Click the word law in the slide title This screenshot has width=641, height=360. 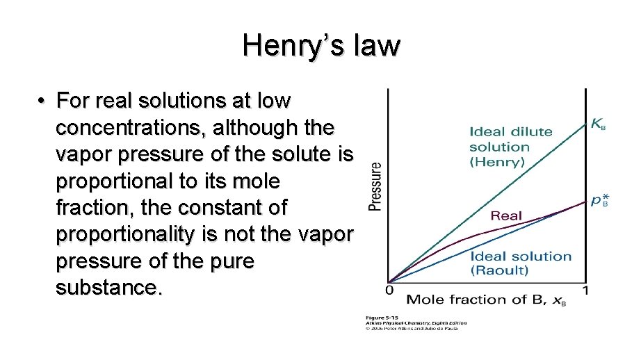point(378,46)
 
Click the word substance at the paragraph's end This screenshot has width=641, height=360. point(108,287)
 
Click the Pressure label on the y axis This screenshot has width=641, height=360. point(375,186)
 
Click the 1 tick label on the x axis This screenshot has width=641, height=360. point(585,289)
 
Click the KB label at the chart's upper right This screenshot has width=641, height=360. point(598,125)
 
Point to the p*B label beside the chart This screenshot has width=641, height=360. point(599,201)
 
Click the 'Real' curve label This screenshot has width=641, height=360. point(506,215)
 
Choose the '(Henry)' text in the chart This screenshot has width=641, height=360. point(496,162)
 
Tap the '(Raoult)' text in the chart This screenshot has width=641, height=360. point(499,270)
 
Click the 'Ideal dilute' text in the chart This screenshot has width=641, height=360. point(510,131)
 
